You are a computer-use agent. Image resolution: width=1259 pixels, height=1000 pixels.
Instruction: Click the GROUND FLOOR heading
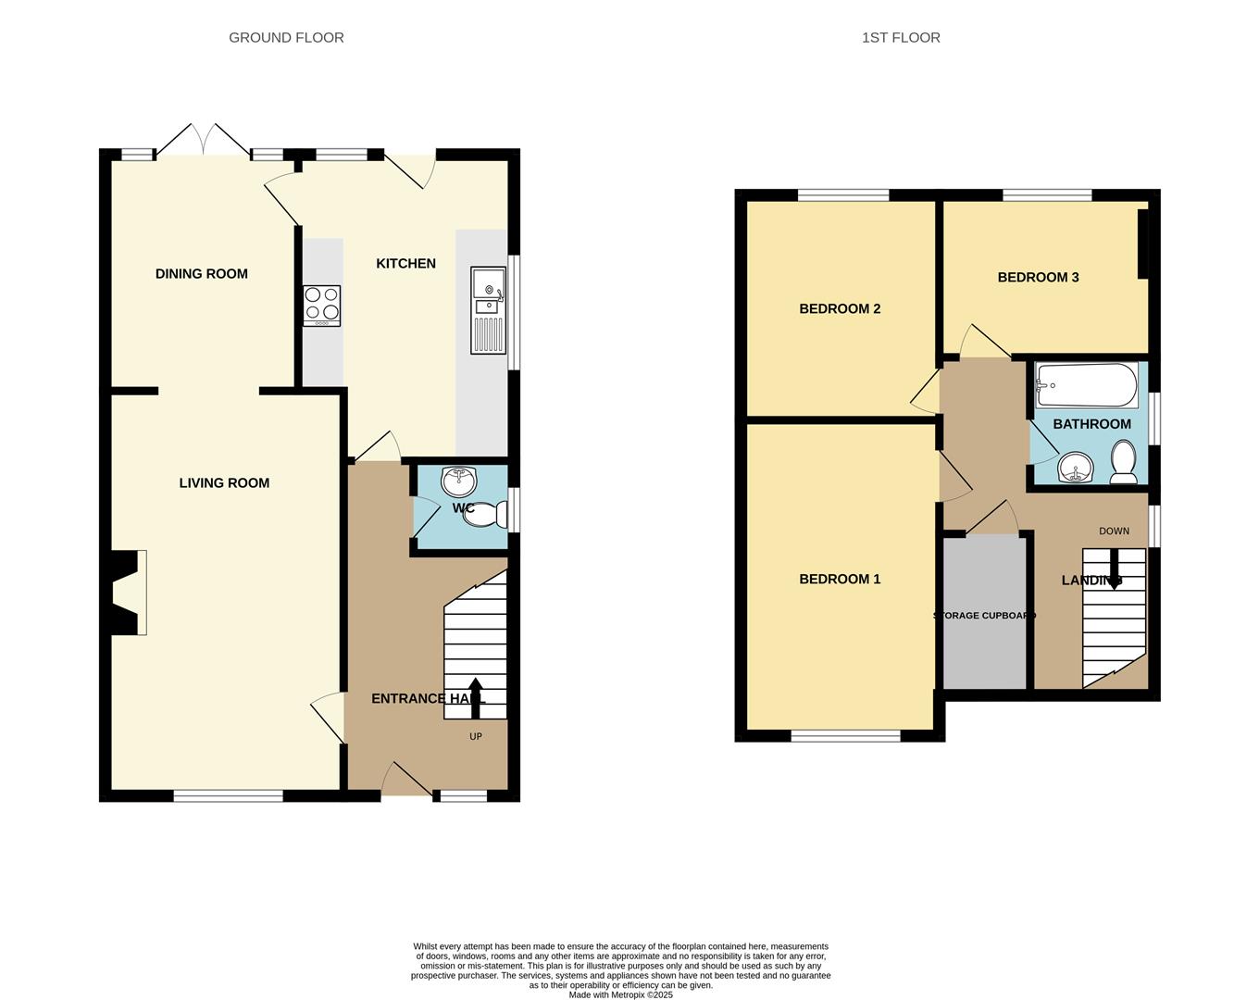point(286,38)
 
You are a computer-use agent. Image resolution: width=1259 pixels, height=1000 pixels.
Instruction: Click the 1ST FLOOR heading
point(901,38)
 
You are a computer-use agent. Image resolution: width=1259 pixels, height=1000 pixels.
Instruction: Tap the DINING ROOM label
point(202,274)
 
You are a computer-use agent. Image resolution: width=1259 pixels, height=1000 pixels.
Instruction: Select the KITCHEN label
point(405,264)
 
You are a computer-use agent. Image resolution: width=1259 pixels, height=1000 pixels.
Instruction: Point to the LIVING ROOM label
point(224,483)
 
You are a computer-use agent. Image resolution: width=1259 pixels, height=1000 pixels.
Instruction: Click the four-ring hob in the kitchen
point(321,306)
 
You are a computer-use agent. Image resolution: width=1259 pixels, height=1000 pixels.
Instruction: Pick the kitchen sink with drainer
point(488,309)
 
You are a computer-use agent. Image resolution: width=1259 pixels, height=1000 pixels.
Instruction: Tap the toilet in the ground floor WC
point(488,514)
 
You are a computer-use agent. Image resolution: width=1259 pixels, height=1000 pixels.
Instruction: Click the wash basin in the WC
point(459,481)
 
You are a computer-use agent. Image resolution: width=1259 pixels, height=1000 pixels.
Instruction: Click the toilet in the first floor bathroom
point(1124,462)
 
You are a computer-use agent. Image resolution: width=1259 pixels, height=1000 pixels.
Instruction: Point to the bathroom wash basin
point(1075,468)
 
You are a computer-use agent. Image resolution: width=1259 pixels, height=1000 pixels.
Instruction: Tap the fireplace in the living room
point(129,593)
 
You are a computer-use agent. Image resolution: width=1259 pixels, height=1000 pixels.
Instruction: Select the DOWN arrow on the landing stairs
point(1114,564)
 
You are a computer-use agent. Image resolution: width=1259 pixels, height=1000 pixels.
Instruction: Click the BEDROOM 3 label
point(1038,278)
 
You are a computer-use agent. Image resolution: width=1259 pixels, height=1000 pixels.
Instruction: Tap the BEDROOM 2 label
point(840,309)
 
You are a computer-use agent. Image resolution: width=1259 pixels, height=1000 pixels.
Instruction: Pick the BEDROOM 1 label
point(840,580)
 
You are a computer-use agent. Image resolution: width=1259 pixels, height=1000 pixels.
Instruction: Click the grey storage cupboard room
point(984,648)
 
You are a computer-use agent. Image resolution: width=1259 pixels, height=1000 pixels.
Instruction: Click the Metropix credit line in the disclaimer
point(620,995)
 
